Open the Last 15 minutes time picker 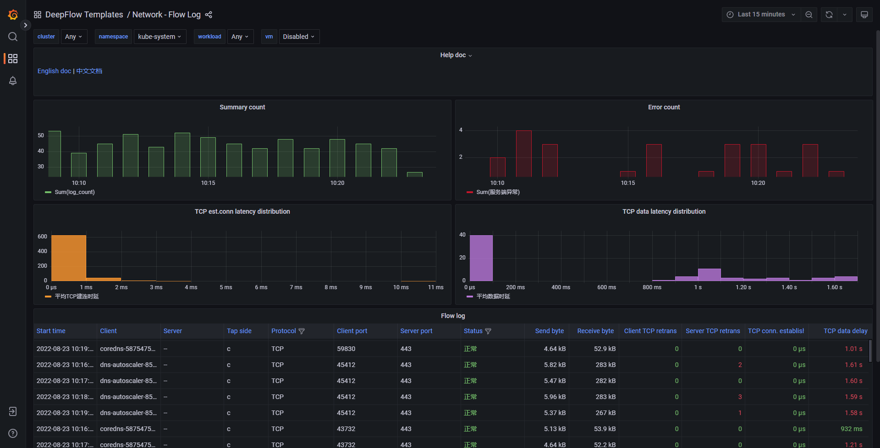(761, 15)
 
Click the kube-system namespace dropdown (159, 37)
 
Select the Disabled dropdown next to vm (298, 37)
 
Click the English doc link (54, 71)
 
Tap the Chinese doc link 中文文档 (89, 71)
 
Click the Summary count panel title (242, 107)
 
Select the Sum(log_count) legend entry (74, 192)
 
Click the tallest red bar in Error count (523, 153)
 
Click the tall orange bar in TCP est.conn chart (68, 258)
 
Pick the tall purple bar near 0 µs (481, 258)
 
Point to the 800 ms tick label (652, 287)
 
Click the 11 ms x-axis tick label (435, 287)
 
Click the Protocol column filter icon (302, 331)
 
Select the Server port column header (416, 331)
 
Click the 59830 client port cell (346, 349)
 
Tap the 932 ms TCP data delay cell (851, 429)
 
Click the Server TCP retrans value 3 (740, 397)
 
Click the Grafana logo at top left (13, 15)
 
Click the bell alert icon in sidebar (13, 81)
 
